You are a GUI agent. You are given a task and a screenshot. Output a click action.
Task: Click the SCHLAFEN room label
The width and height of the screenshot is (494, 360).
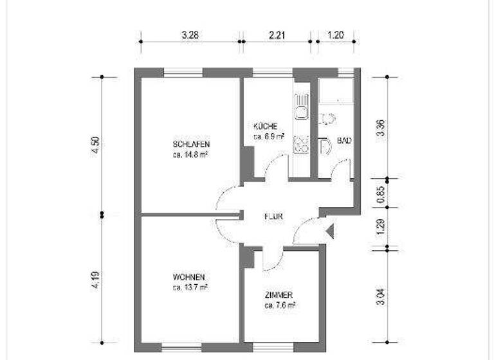191,143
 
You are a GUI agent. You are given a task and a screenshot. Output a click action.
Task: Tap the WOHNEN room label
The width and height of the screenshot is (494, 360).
189,277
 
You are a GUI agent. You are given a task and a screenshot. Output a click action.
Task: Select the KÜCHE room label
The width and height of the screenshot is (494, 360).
265,127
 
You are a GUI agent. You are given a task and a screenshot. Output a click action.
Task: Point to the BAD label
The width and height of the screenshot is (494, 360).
344,140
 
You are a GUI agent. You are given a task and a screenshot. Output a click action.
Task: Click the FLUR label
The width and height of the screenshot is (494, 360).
273,217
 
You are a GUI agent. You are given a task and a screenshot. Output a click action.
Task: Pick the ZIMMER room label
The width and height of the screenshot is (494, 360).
279,294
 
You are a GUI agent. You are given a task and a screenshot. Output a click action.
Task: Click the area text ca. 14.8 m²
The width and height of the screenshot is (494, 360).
190,155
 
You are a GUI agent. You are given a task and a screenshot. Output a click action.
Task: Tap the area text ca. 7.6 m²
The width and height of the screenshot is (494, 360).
279,305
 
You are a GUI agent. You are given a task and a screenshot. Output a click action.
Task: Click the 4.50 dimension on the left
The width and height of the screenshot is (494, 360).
95,147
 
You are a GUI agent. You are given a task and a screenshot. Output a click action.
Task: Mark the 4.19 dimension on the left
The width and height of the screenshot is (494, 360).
95,279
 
